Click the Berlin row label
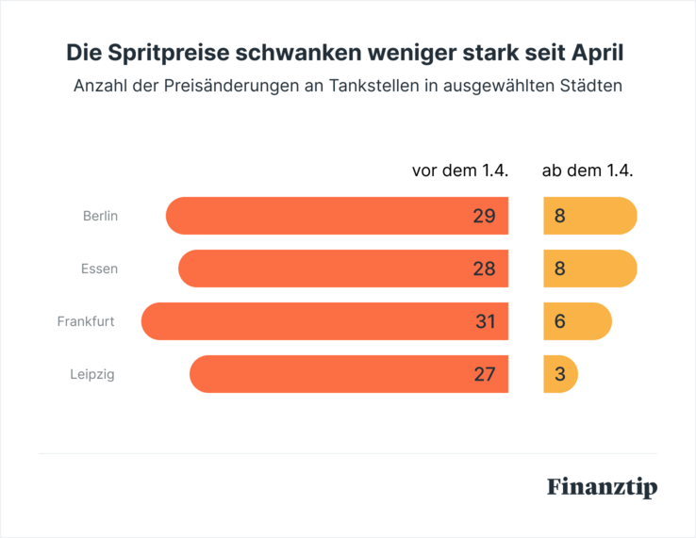tap(100, 216)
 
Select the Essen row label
tap(100, 269)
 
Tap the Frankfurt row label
tap(86, 321)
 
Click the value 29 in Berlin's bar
tap(484, 216)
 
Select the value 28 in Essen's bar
tap(484, 269)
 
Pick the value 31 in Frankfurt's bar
tap(485, 321)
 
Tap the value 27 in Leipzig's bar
tap(484, 374)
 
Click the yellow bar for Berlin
tap(590, 216)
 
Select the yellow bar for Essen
tap(590, 269)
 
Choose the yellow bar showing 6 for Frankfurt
tap(577, 321)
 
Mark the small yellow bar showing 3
tap(560, 374)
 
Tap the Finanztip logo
tap(602, 487)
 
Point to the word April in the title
tap(596, 53)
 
